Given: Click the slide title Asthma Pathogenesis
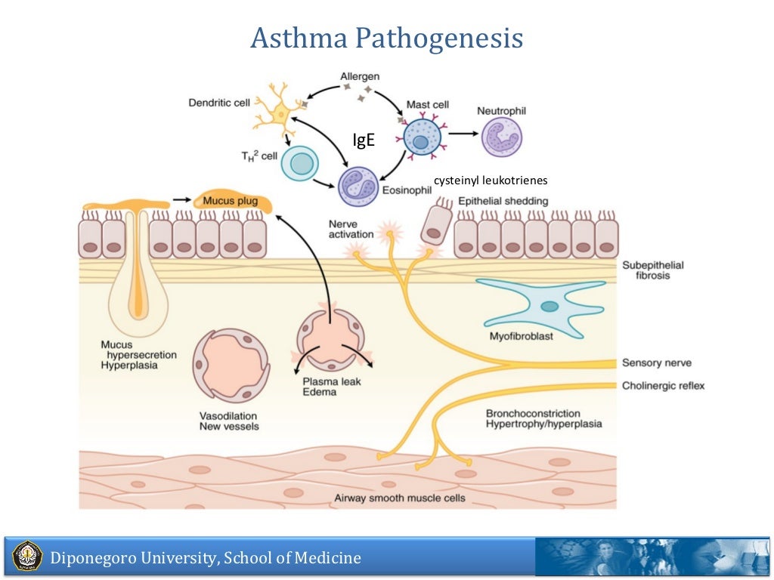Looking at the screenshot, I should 386,39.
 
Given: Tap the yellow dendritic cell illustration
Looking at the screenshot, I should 280,114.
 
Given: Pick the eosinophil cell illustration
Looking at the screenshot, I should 358,186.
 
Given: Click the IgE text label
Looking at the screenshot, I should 364,140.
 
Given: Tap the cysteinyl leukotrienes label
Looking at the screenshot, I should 491,180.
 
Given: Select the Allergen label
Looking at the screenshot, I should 360,76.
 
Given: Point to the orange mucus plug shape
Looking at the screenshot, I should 230,200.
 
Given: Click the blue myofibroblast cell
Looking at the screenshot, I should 546,305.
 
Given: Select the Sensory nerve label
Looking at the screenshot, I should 656,362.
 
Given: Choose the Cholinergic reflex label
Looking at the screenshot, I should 663,386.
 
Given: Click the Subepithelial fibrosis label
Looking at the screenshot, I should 652,270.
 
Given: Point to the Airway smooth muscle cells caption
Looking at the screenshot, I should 400,498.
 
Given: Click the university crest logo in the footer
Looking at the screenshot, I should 27,556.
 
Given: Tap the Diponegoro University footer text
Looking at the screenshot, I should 206,559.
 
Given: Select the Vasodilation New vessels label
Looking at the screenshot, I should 229,421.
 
